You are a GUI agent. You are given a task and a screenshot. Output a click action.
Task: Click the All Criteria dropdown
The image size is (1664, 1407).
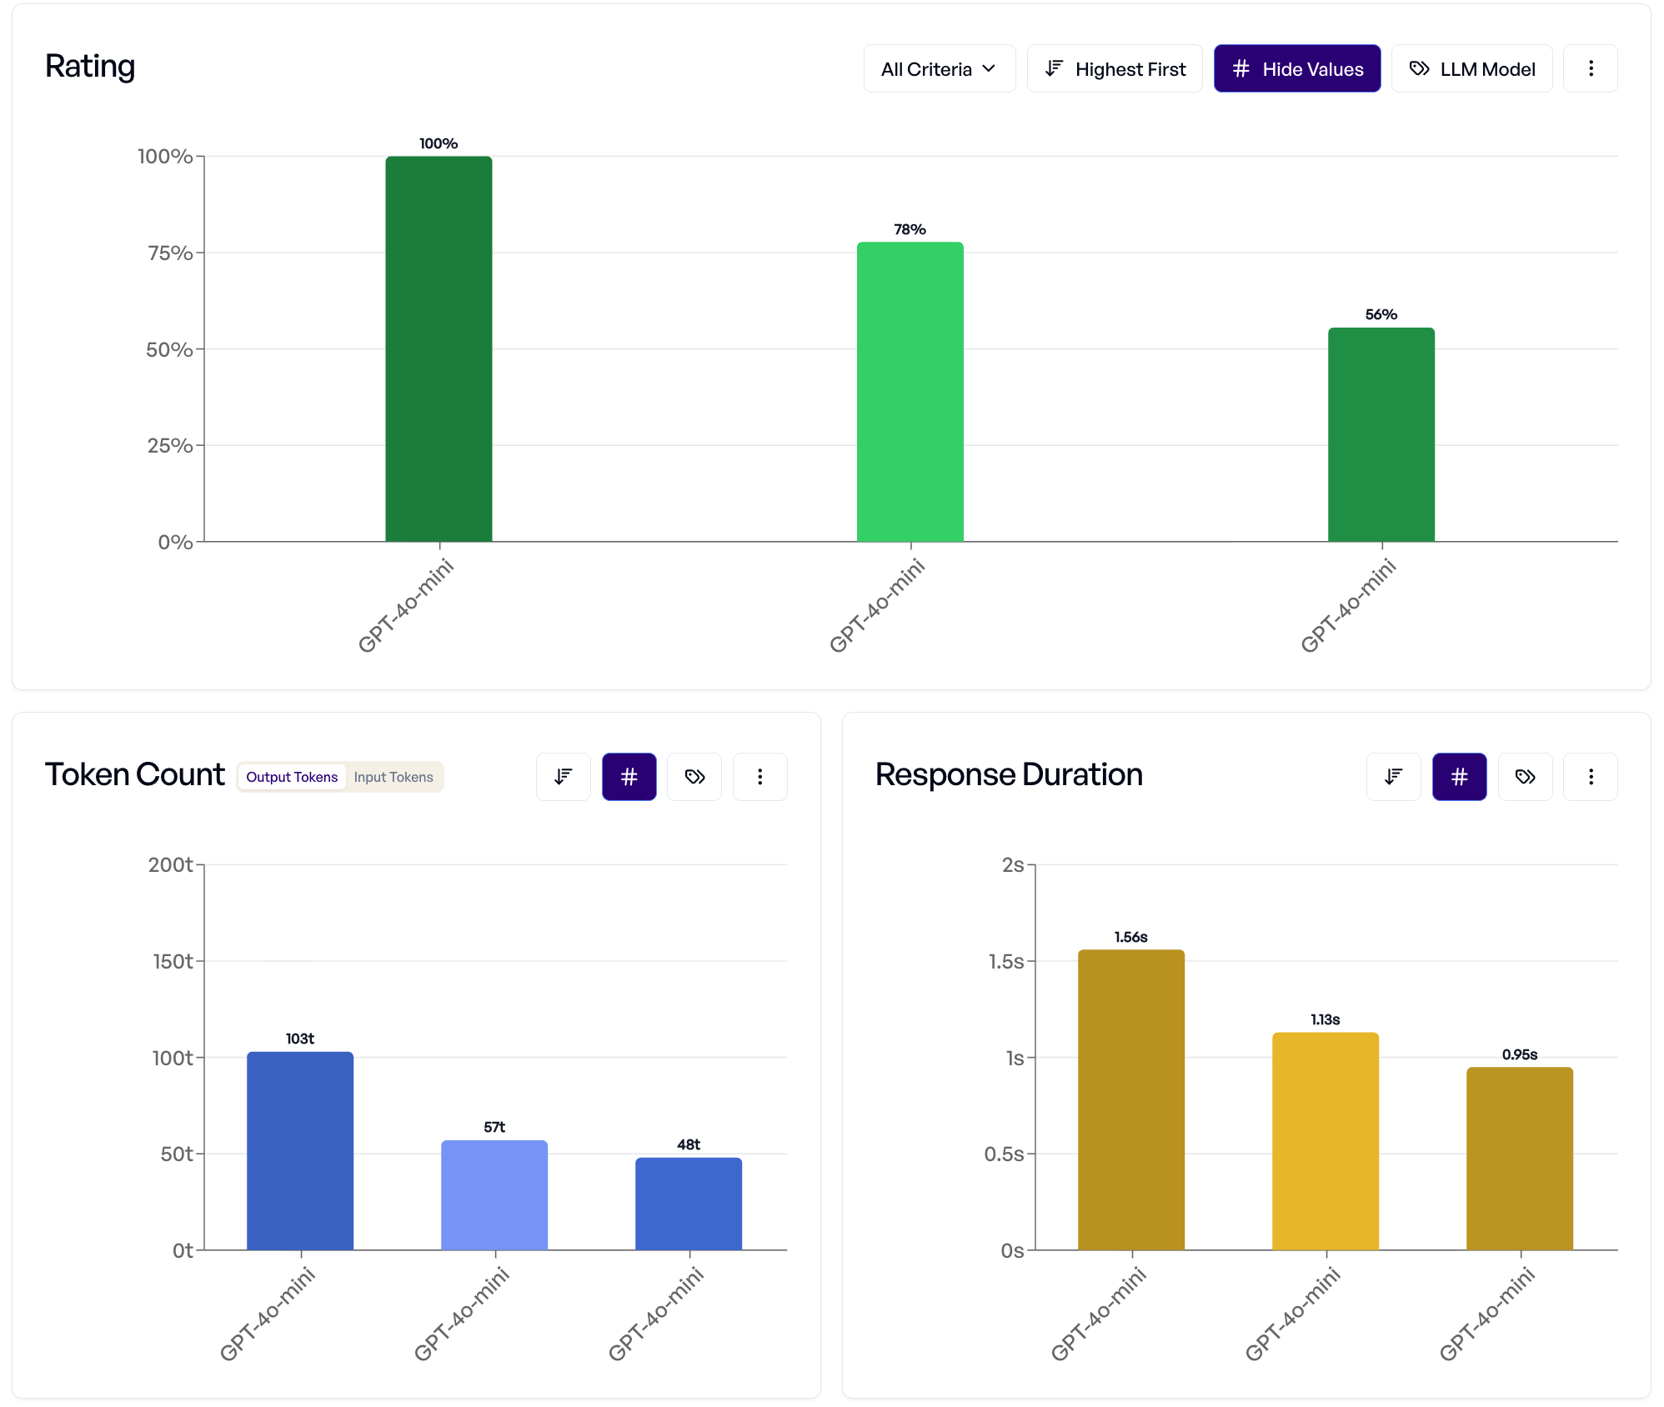(939, 69)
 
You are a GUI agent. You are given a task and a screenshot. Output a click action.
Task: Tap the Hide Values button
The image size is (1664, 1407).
(1296, 69)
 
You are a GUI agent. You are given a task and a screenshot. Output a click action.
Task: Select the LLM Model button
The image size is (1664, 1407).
(1471, 69)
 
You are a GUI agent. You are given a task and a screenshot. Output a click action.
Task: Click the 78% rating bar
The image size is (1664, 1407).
(910, 392)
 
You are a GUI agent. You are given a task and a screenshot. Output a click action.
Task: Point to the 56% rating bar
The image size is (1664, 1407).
(1381, 434)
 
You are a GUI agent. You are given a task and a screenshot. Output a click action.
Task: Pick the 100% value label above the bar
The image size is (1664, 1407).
(439, 143)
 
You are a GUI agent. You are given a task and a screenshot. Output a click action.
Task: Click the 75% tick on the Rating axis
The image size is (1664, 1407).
(170, 253)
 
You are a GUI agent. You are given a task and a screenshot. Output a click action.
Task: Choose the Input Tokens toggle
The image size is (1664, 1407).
(393, 777)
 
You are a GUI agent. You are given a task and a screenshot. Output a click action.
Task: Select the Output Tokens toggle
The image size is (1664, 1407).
(292, 777)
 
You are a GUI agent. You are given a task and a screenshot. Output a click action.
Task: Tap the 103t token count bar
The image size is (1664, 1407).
(300, 1150)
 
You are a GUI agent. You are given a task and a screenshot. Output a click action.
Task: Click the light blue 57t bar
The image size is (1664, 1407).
(494, 1194)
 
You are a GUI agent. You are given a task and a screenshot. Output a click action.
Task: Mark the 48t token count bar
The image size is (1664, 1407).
(689, 1203)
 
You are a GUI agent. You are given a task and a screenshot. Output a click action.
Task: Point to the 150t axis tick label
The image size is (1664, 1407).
(173, 962)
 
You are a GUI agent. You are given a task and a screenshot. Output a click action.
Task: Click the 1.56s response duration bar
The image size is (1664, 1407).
(1130, 1099)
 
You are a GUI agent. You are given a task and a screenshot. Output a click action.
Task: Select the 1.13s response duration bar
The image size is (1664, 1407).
(1325, 1141)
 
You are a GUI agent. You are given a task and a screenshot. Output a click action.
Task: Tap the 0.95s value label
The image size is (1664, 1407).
(1519, 1054)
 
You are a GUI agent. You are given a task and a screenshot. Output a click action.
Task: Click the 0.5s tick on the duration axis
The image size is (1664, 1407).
(1004, 1154)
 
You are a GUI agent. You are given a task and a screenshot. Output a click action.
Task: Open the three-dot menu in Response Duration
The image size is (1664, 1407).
(1590, 777)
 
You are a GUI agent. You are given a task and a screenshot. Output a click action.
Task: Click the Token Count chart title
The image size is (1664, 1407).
(135, 775)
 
